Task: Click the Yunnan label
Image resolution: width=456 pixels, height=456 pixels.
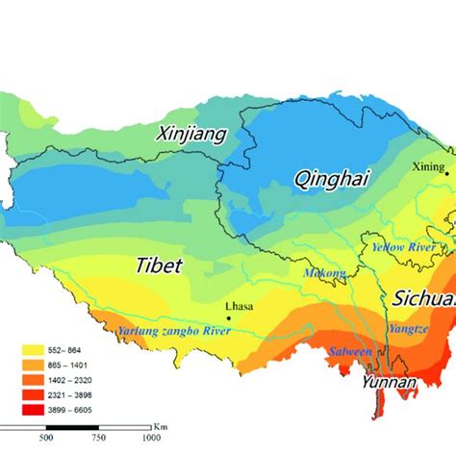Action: pyautogui.click(x=388, y=383)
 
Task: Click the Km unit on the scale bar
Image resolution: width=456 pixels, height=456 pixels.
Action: pyautogui.click(x=160, y=424)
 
